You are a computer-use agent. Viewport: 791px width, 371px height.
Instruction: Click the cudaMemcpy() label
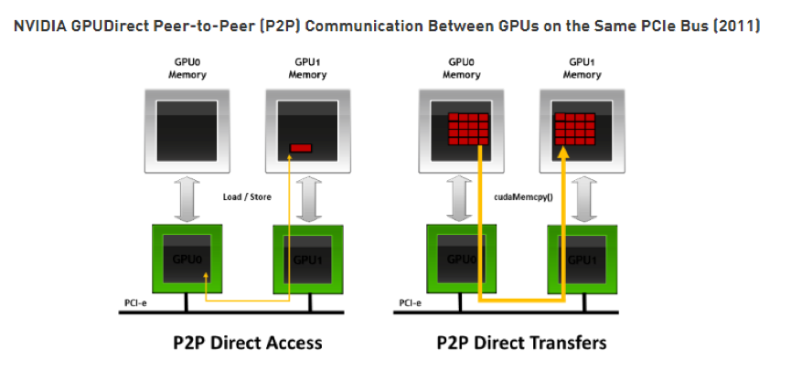point(517,196)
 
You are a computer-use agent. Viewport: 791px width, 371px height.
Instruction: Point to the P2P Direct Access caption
point(247,343)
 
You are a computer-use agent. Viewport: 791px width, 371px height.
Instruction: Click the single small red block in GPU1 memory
point(300,148)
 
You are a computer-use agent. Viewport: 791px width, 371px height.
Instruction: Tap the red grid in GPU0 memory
point(466,129)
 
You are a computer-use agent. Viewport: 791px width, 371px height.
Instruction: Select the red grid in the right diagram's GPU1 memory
point(576,129)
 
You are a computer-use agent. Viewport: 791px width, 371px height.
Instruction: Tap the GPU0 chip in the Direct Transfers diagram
point(463,259)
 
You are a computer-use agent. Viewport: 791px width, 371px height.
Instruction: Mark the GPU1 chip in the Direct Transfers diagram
point(582,259)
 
